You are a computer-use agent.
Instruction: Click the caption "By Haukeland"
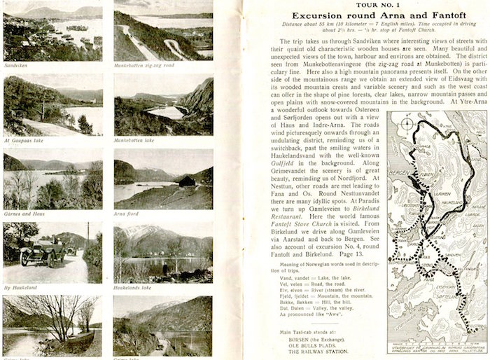[21, 287]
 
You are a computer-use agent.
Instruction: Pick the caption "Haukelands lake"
[131, 287]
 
